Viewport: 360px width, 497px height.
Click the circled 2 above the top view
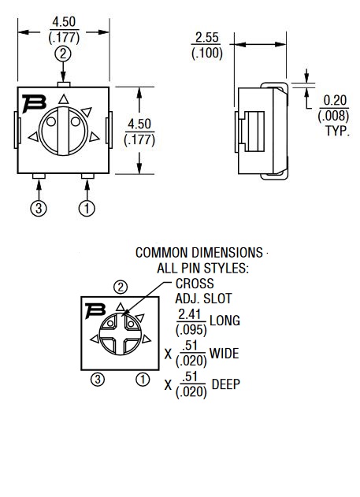click(63, 54)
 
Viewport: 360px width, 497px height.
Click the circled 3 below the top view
click(39, 208)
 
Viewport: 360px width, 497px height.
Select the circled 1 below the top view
click(87, 208)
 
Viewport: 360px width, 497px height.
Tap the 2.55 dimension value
click(207, 37)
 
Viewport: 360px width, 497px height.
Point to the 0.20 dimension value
click(335, 101)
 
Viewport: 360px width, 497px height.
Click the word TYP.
click(337, 131)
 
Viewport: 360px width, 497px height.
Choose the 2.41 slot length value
click(190, 314)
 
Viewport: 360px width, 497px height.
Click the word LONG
click(225, 321)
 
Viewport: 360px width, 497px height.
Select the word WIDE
click(224, 353)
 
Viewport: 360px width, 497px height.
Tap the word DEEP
click(226, 384)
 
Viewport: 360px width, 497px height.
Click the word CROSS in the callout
click(195, 284)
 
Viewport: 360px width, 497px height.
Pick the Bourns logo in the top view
click(34, 103)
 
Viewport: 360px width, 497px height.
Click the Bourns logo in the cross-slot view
click(95, 310)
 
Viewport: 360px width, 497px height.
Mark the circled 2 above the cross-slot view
click(121, 287)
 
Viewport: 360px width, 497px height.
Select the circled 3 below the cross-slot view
click(98, 379)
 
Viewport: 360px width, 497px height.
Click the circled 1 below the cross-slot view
click(143, 379)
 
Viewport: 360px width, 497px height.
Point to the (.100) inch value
click(207, 53)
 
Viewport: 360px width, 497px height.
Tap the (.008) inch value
click(333, 116)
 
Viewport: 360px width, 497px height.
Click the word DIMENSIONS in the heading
click(227, 253)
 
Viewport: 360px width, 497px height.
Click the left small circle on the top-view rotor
click(51, 121)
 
